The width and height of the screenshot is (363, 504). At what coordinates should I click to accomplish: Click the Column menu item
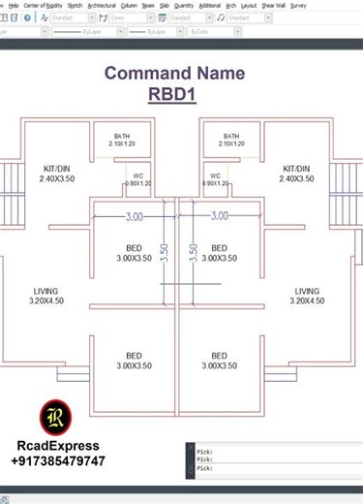click(128, 5)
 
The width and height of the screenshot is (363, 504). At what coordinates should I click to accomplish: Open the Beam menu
click(148, 5)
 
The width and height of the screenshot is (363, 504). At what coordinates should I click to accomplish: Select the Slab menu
click(165, 5)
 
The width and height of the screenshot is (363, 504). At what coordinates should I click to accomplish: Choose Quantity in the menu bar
click(184, 5)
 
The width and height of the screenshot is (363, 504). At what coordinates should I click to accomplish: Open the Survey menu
click(298, 5)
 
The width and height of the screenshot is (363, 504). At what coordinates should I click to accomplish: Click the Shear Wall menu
click(272, 5)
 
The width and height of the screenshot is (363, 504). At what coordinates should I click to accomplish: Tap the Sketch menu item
click(75, 5)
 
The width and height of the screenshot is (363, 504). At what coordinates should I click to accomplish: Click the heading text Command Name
click(174, 73)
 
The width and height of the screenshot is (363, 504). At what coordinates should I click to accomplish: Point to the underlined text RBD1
click(174, 94)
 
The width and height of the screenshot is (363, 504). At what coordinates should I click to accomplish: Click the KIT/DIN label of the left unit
click(55, 167)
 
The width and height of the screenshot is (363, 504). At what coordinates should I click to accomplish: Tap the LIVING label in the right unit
click(307, 291)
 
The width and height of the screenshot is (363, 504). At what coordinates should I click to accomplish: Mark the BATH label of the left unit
click(122, 136)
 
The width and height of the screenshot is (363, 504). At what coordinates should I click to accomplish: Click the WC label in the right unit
click(215, 175)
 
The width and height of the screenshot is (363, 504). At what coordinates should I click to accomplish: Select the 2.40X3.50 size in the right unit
click(297, 179)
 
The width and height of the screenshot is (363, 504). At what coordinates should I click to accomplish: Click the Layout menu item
click(249, 5)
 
